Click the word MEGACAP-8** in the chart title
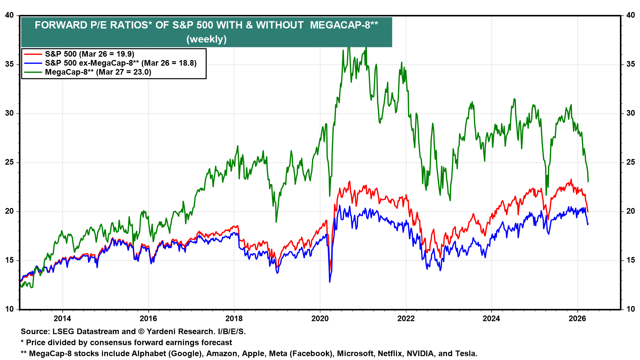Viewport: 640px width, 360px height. [344, 25]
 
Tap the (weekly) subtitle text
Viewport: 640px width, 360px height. [206, 39]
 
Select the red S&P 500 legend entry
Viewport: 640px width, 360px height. [89, 54]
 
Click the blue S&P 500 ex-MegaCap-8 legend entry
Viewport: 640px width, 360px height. [121, 63]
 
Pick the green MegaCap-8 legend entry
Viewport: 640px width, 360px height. [98, 72]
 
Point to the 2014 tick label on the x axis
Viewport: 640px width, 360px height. [62, 318]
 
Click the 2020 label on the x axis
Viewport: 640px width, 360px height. [320, 318]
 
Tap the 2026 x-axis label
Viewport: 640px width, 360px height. [577, 318]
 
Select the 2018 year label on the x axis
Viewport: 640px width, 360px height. [234, 318]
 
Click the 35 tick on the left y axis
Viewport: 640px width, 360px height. [9, 64]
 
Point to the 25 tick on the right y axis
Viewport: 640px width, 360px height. [630, 162]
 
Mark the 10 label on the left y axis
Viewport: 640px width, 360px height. [9, 309]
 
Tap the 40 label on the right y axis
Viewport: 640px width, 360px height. [630, 15]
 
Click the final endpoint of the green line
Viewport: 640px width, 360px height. [588, 182]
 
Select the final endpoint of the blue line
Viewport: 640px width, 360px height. [588, 224]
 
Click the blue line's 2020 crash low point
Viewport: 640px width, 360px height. [330, 282]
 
